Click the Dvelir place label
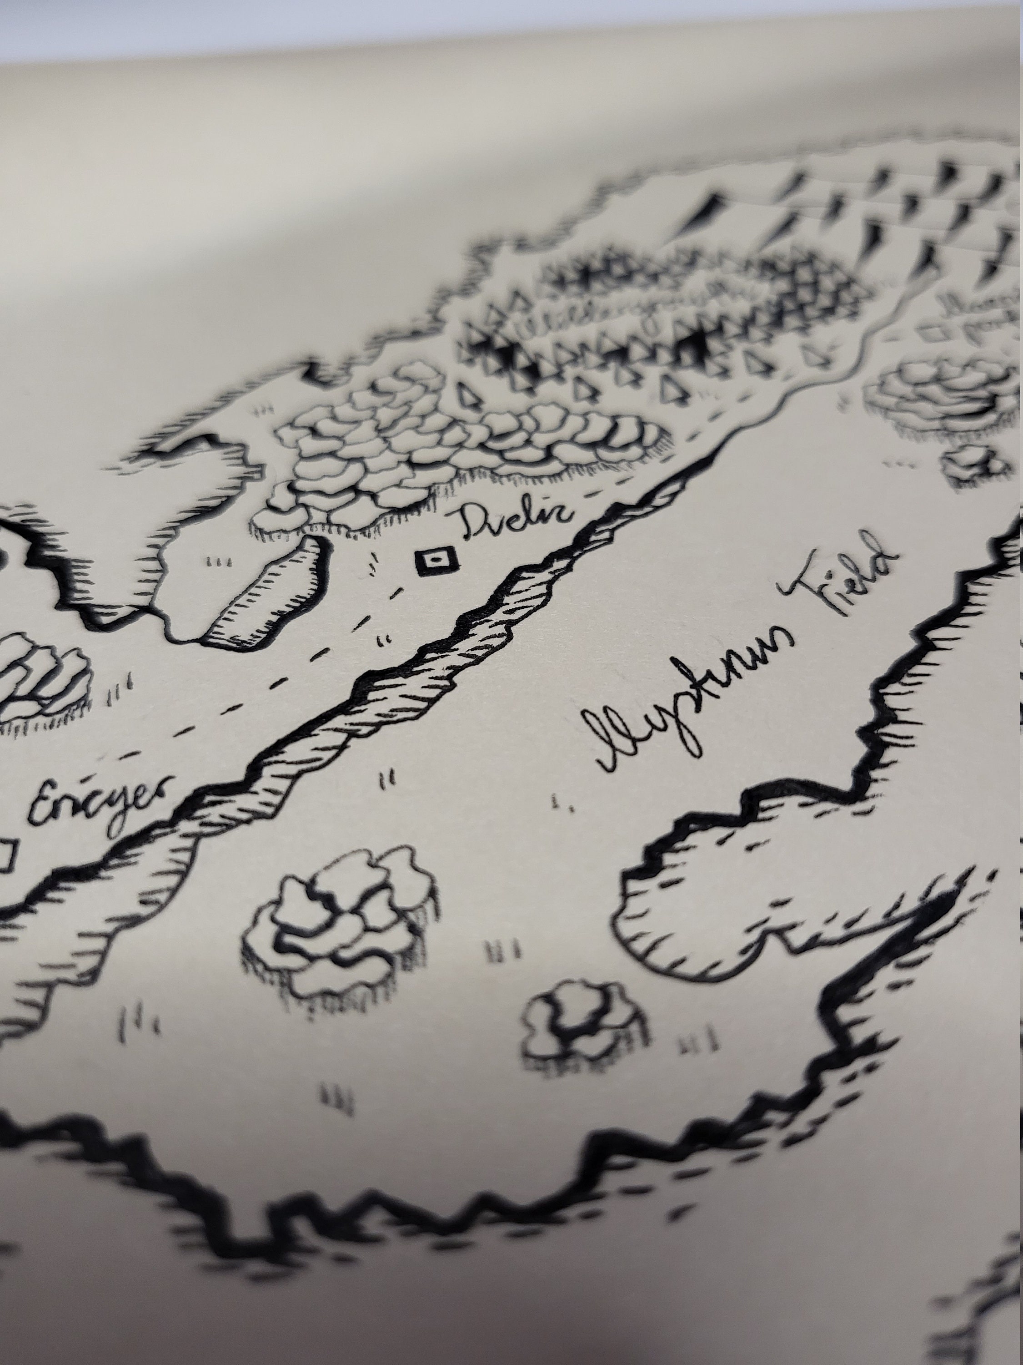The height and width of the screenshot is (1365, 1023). [516, 525]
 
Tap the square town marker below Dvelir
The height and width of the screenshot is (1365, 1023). [435, 561]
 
